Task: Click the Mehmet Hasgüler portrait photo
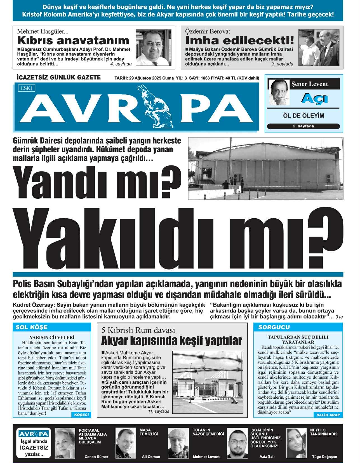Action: pos(153,48)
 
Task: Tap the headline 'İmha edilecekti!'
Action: pos(240,41)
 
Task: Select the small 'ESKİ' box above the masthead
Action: pos(27,88)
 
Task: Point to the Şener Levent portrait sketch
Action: pos(279,92)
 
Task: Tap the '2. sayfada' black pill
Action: pos(303,126)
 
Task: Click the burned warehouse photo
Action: pos(265,168)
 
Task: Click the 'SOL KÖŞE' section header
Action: pos(32,327)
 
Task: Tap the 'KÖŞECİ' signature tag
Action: pos(81,415)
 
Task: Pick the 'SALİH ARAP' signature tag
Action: pos(328,415)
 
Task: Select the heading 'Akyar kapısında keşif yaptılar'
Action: pos(171,341)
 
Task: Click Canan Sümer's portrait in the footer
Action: pos(65,443)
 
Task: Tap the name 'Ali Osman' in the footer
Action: pos(151,457)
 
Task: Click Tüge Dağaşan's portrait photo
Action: pos(297,443)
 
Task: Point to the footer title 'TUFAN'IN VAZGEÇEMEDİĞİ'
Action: pos(208,432)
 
